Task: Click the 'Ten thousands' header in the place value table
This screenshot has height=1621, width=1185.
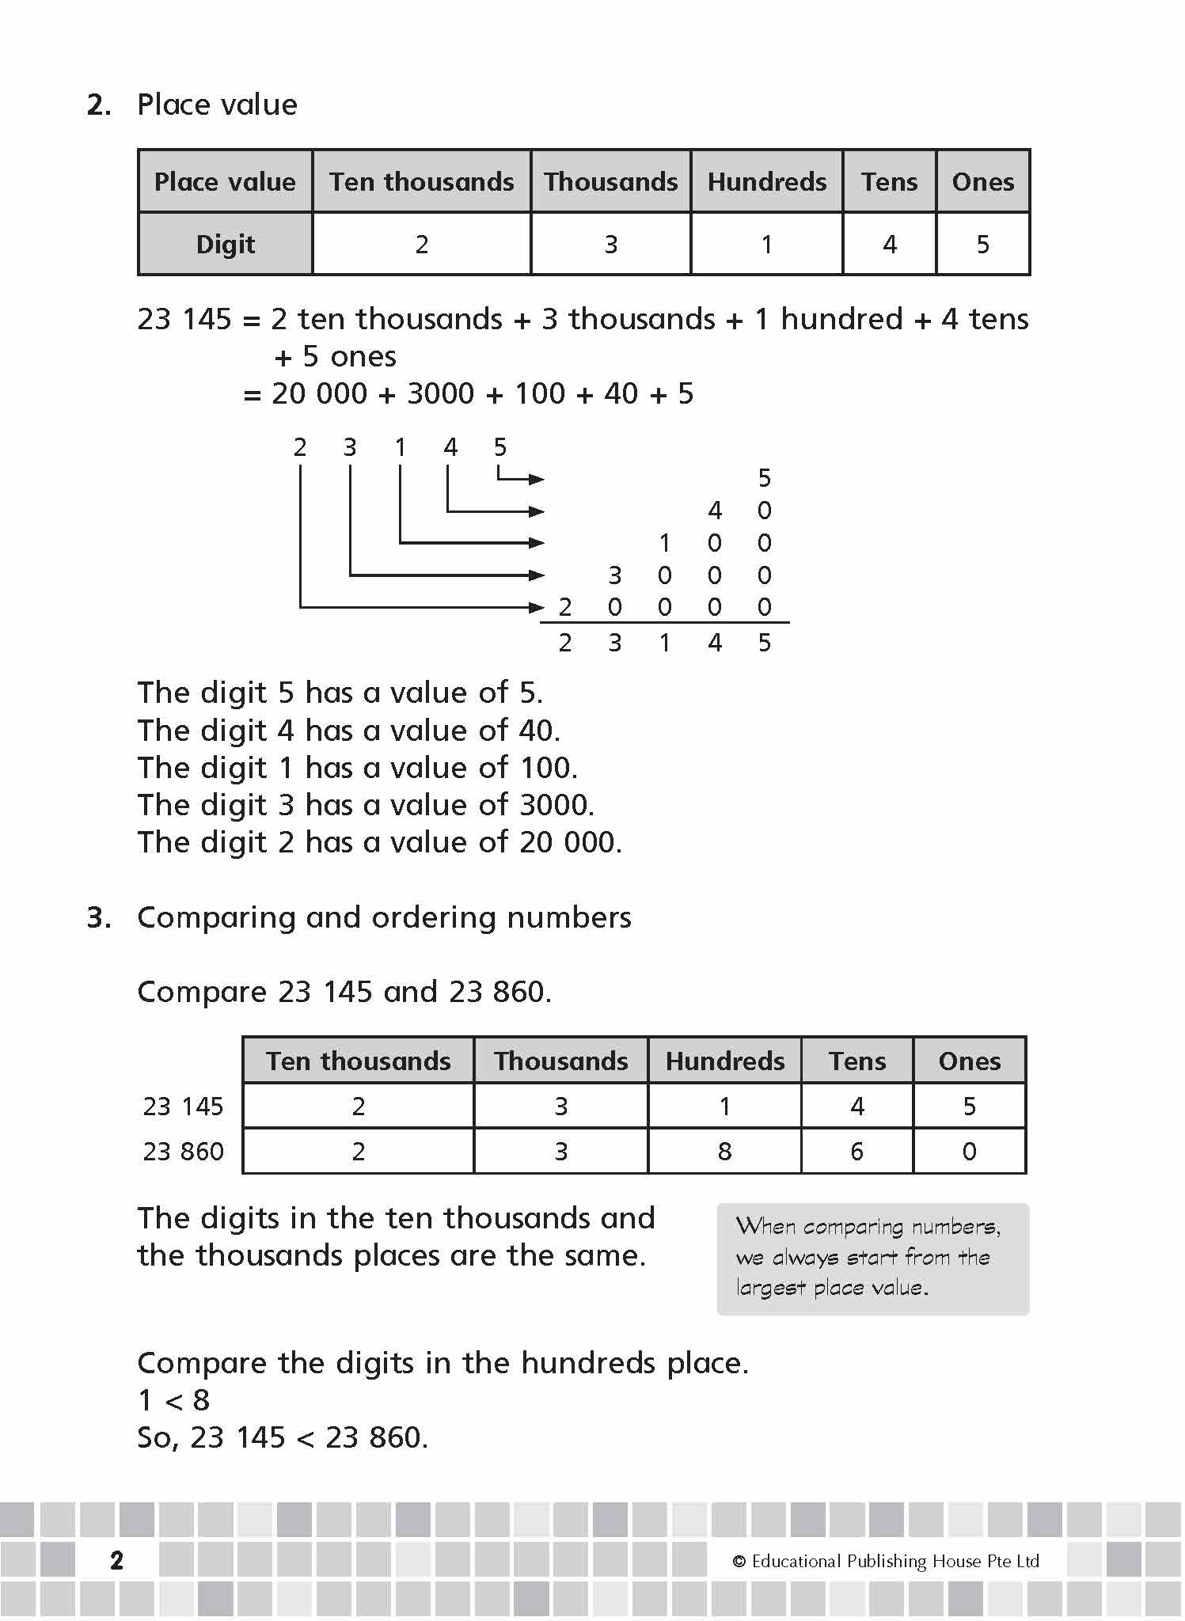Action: [x=421, y=182]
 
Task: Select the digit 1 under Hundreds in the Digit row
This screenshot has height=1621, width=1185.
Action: [x=766, y=245]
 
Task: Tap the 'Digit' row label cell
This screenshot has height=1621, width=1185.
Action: [x=226, y=245]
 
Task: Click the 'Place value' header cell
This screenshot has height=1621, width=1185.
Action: [x=225, y=182]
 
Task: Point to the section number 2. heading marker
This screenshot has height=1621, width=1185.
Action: [x=99, y=105]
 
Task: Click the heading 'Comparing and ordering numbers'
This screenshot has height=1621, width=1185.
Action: [x=384, y=917]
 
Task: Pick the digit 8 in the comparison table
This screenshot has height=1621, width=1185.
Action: [x=724, y=1152]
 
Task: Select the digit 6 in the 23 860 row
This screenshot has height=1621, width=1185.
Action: [x=856, y=1152]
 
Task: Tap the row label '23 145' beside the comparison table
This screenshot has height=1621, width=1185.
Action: [x=184, y=1107]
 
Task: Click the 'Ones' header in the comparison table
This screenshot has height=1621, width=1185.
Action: [x=969, y=1061]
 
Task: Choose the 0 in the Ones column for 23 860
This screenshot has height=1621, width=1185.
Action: [x=969, y=1152]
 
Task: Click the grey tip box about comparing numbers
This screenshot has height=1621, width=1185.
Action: [x=872, y=1258]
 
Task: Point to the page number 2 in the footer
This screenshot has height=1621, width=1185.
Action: [x=117, y=1561]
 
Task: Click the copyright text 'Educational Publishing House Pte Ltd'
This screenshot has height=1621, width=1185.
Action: [x=894, y=1561]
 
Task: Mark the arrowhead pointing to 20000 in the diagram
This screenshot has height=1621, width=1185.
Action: [x=537, y=608]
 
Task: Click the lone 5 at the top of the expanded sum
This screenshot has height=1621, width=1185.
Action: [x=764, y=478]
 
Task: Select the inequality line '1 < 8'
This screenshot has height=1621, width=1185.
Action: [x=174, y=1400]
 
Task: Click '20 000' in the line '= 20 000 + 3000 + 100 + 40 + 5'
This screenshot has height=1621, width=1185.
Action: [x=319, y=394]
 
